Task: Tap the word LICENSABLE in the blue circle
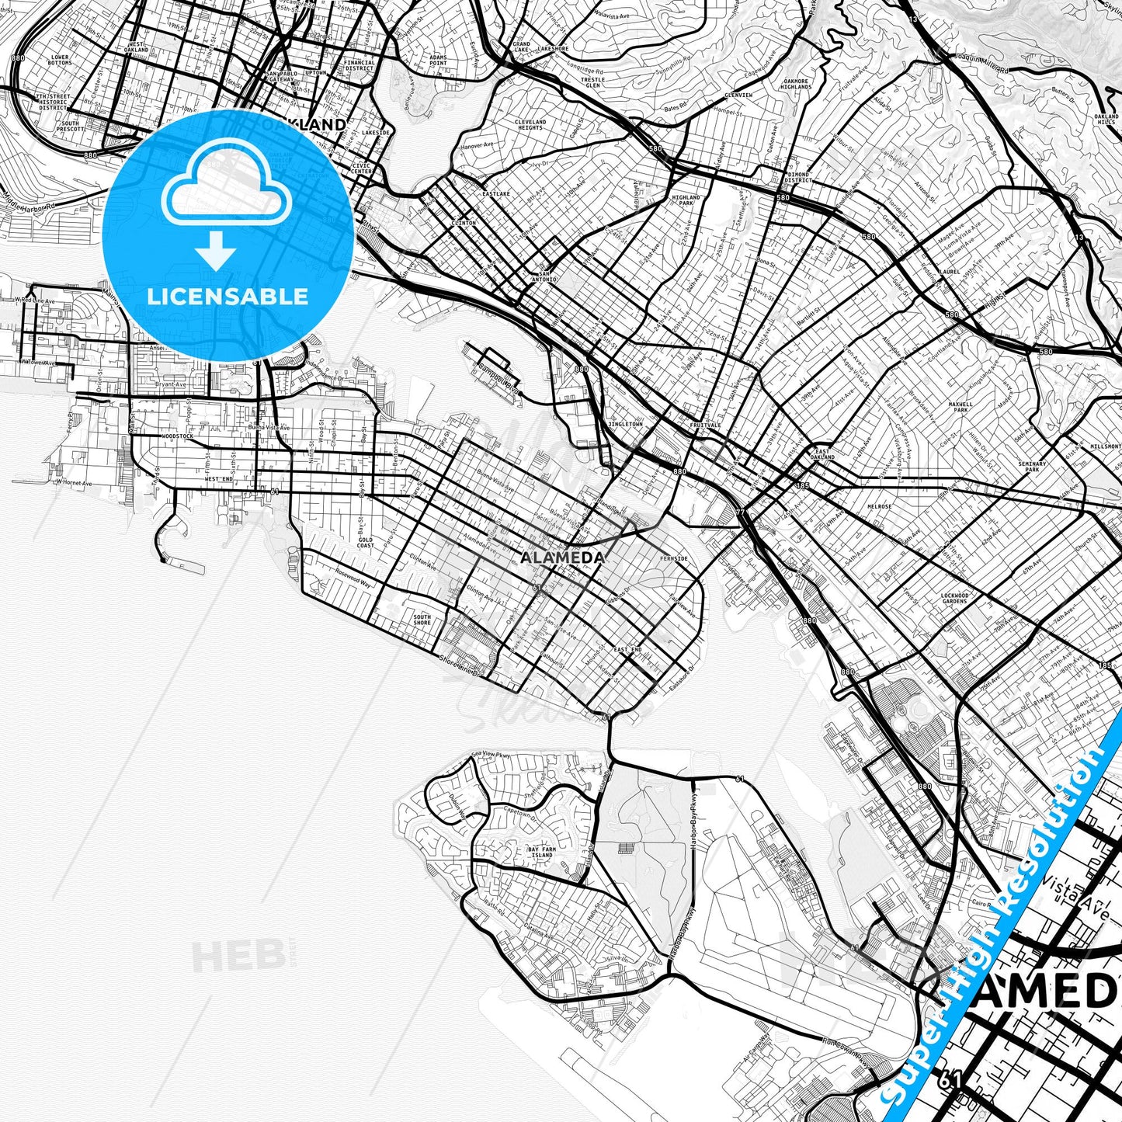tap(228, 296)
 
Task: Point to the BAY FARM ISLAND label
tap(542, 853)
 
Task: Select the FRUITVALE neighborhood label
tap(705, 426)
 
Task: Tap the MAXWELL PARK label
tap(960, 408)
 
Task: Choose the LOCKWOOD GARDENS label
tap(954, 599)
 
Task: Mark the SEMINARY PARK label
tap(1032, 467)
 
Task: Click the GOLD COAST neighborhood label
tap(366, 543)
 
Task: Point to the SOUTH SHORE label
tap(422, 620)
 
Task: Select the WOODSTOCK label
tap(178, 436)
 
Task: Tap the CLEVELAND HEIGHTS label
tap(530, 124)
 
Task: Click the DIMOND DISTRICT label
tap(797, 178)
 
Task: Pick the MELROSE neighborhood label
tap(880, 506)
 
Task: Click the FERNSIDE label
tap(672, 558)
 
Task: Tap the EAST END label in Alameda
tap(627, 649)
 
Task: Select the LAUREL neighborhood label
tap(949, 273)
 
